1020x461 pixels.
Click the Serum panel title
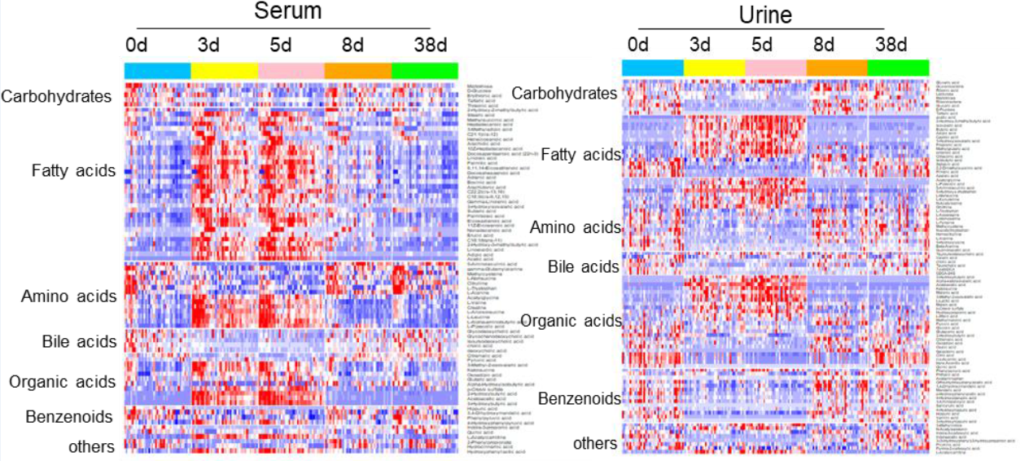(287, 11)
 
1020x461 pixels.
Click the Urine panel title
(765, 15)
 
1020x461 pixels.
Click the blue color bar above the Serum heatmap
(157, 71)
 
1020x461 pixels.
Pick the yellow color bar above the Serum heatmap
(224, 71)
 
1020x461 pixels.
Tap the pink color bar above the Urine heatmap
(776, 68)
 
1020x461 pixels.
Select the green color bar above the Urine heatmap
(898, 68)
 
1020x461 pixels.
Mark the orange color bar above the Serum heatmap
(357, 71)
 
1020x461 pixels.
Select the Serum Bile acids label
(79, 341)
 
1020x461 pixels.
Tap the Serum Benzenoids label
(68, 417)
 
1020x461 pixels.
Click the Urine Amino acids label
(574, 227)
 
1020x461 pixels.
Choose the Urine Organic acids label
(571, 321)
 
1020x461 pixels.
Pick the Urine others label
(594, 443)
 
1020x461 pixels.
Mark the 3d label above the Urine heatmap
(700, 43)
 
